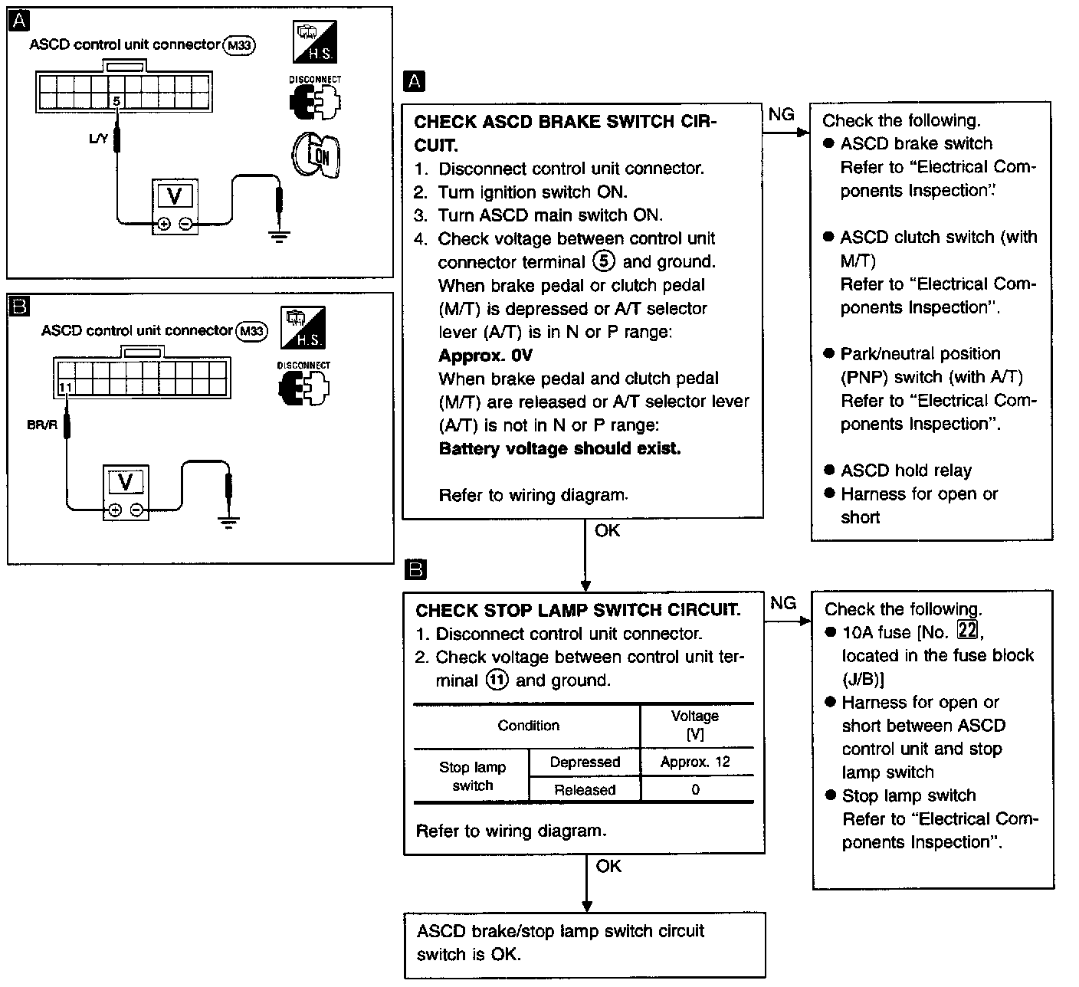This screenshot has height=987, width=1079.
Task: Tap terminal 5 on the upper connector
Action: point(116,100)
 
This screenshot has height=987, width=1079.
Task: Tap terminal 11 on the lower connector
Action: point(65,388)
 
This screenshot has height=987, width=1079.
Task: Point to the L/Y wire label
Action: point(99,139)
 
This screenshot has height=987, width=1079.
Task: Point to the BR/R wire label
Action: point(42,425)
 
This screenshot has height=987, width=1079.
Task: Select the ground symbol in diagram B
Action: point(228,523)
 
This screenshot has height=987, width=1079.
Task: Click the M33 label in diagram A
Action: point(238,46)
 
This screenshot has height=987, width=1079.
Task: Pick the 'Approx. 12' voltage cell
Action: point(695,762)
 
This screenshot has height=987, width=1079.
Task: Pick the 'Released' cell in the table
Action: point(585,790)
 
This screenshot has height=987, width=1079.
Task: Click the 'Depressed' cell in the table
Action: point(585,762)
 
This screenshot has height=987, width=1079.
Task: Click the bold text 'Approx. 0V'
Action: point(485,356)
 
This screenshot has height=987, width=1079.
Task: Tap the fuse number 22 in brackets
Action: point(968,631)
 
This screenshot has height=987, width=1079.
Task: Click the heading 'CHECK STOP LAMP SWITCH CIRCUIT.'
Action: point(578,610)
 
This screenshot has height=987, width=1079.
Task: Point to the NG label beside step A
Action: point(781,114)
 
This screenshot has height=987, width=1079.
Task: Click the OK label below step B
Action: point(608,866)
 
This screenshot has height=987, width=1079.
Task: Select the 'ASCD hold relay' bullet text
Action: point(906,471)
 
